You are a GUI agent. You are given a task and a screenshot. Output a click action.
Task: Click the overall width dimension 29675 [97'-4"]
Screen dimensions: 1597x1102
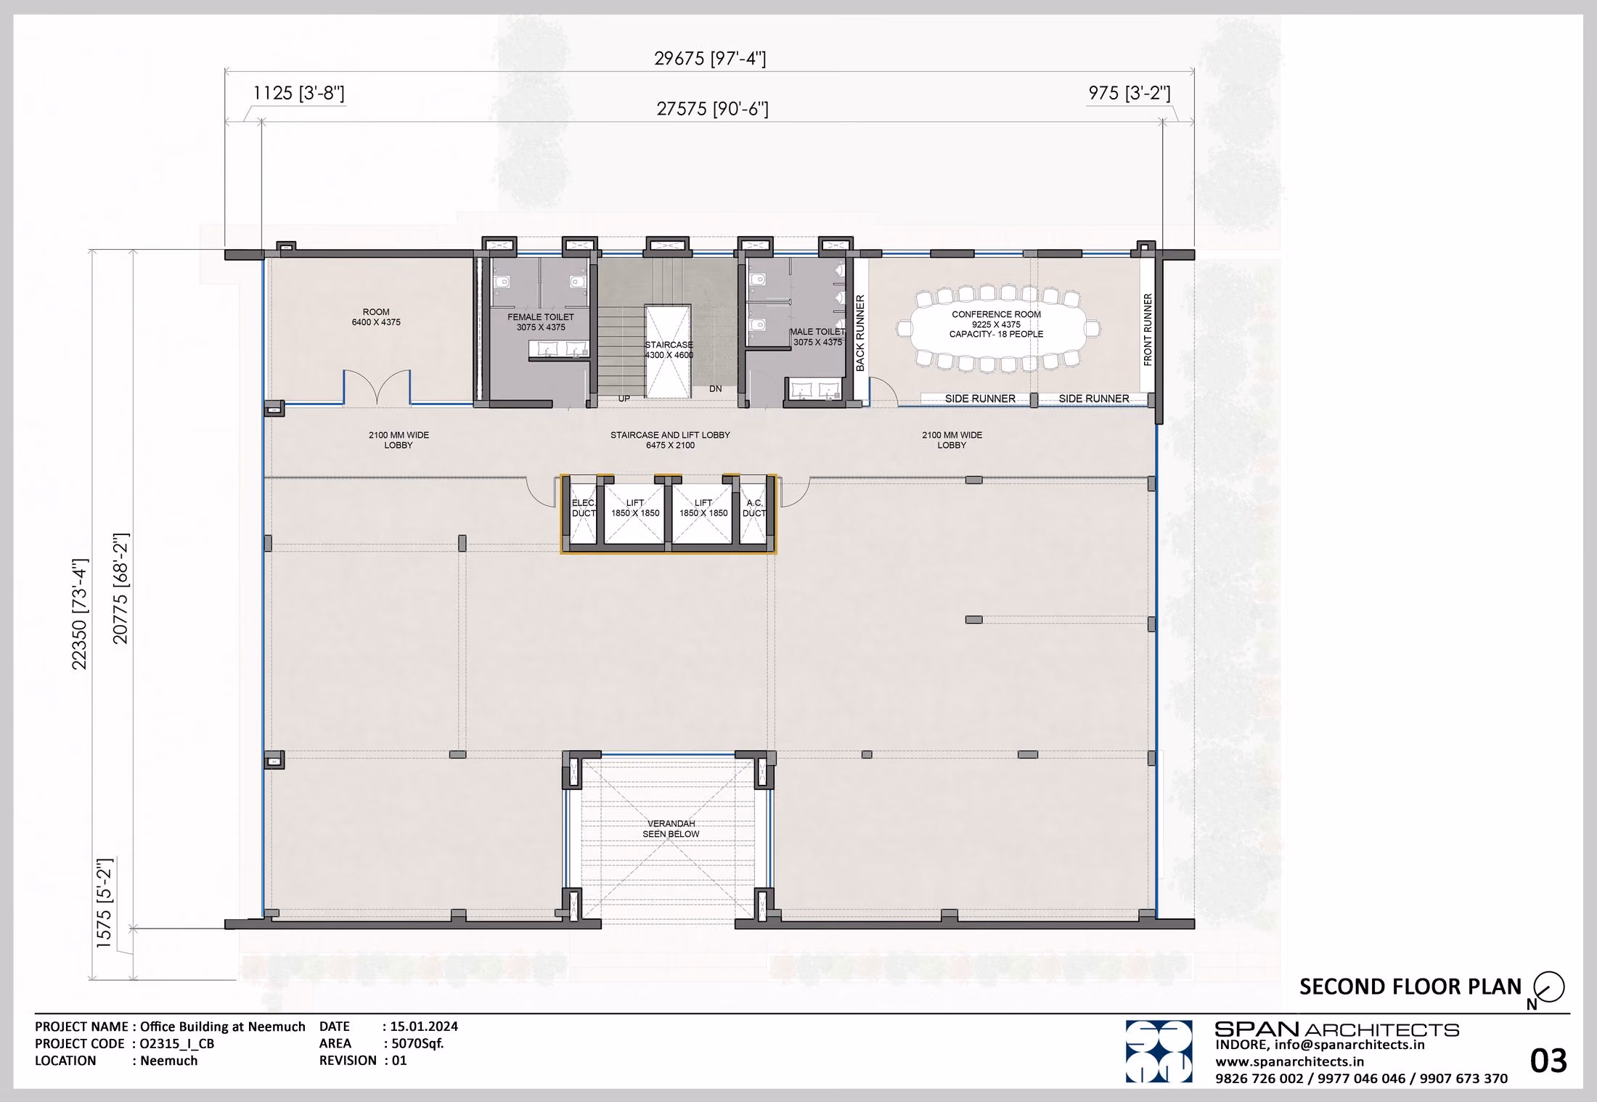(710, 58)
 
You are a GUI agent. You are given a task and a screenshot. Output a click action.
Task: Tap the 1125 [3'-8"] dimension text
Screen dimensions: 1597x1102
(298, 93)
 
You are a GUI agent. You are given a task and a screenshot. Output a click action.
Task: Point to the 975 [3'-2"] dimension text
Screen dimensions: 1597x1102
(1129, 93)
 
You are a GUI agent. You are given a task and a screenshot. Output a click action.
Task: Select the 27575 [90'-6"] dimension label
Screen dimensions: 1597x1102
(712, 109)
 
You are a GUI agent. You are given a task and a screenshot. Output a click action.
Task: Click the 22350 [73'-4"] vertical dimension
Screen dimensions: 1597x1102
(79, 614)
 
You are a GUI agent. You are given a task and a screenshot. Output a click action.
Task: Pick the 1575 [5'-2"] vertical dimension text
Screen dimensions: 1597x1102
(105, 902)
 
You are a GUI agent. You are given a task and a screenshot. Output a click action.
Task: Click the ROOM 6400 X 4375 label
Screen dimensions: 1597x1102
(376, 317)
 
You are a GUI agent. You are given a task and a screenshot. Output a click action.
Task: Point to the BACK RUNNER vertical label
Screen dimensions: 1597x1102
(860, 333)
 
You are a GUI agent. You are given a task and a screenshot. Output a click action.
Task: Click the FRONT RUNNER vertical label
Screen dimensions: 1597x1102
(1148, 330)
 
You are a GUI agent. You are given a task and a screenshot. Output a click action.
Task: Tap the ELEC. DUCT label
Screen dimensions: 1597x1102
(584, 508)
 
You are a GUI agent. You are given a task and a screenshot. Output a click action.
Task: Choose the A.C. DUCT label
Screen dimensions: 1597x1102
(754, 508)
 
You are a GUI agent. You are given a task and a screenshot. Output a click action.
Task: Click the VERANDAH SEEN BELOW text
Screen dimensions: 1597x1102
(671, 829)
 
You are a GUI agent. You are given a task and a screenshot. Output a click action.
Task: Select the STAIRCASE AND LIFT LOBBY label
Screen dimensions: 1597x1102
(670, 440)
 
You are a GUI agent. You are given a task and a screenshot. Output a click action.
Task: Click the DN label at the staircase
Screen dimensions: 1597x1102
(716, 389)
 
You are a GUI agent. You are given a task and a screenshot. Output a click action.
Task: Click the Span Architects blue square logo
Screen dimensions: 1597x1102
(1159, 1051)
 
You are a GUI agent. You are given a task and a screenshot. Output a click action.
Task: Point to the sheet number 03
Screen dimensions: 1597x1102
(1548, 1061)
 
